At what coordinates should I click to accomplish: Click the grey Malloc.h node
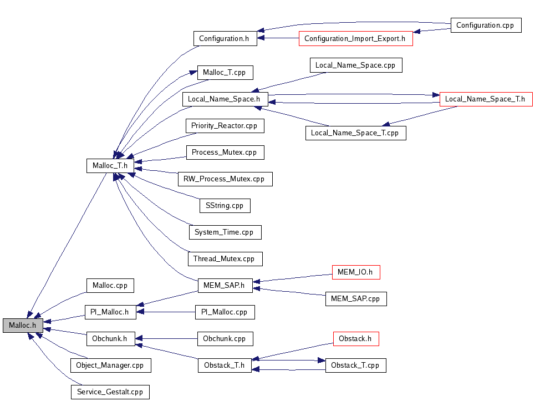tap(23, 326)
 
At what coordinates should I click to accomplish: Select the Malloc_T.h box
tap(110, 165)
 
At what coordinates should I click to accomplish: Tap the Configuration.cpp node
tap(486, 26)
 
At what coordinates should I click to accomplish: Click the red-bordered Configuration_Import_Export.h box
tap(355, 39)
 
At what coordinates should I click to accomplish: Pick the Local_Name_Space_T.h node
tap(486, 99)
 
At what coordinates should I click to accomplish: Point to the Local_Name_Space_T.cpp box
tap(355, 133)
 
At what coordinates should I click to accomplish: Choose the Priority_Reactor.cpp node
tap(225, 126)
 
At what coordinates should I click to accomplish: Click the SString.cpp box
tap(225, 206)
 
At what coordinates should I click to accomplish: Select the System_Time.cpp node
tap(225, 232)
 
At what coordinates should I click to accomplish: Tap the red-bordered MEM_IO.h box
tap(355, 272)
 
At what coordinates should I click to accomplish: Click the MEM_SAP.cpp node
tap(355, 299)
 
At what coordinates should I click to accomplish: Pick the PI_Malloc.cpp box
tap(225, 312)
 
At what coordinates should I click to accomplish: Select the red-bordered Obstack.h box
tap(355, 339)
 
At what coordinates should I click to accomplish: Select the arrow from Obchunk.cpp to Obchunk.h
tap(166, 338)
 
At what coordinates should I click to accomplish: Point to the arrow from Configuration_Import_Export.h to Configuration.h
tap(281, 39)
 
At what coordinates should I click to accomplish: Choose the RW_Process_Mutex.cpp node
tap(225, 179)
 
